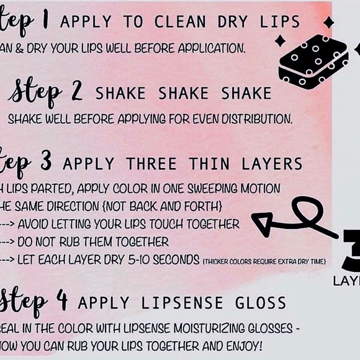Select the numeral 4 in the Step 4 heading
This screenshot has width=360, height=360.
coord(63,302)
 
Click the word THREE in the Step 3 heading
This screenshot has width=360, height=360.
coord(151,164)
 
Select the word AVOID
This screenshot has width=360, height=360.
coord(38,223)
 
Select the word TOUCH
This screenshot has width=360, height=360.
coord(176,223)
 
